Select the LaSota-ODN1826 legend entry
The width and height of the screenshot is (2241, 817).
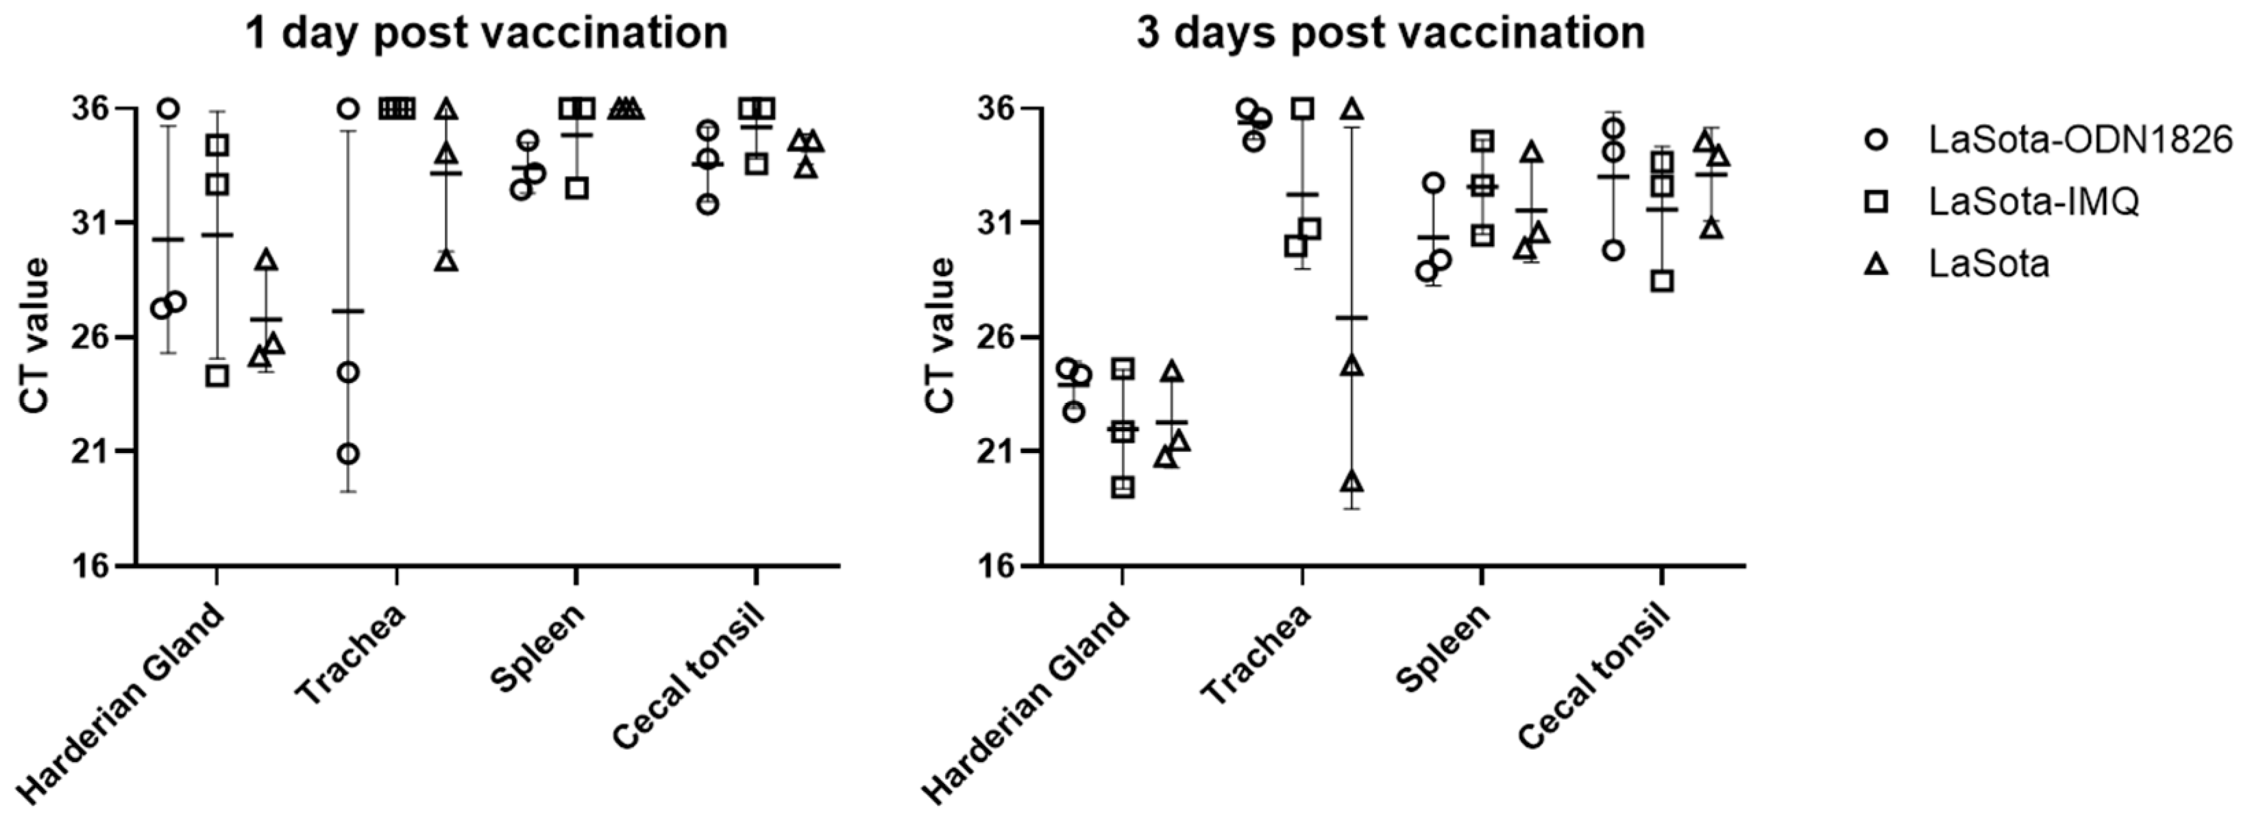click(x=2079, y=140)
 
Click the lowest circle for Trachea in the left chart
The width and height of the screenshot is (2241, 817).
click(x=348, y=454)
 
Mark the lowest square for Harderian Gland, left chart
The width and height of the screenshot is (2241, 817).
click(x=217, y=376)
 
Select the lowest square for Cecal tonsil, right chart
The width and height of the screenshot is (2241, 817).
click(x=1663, y=281)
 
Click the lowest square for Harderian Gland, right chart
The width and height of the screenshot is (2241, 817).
click(x=1123, y=487)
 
